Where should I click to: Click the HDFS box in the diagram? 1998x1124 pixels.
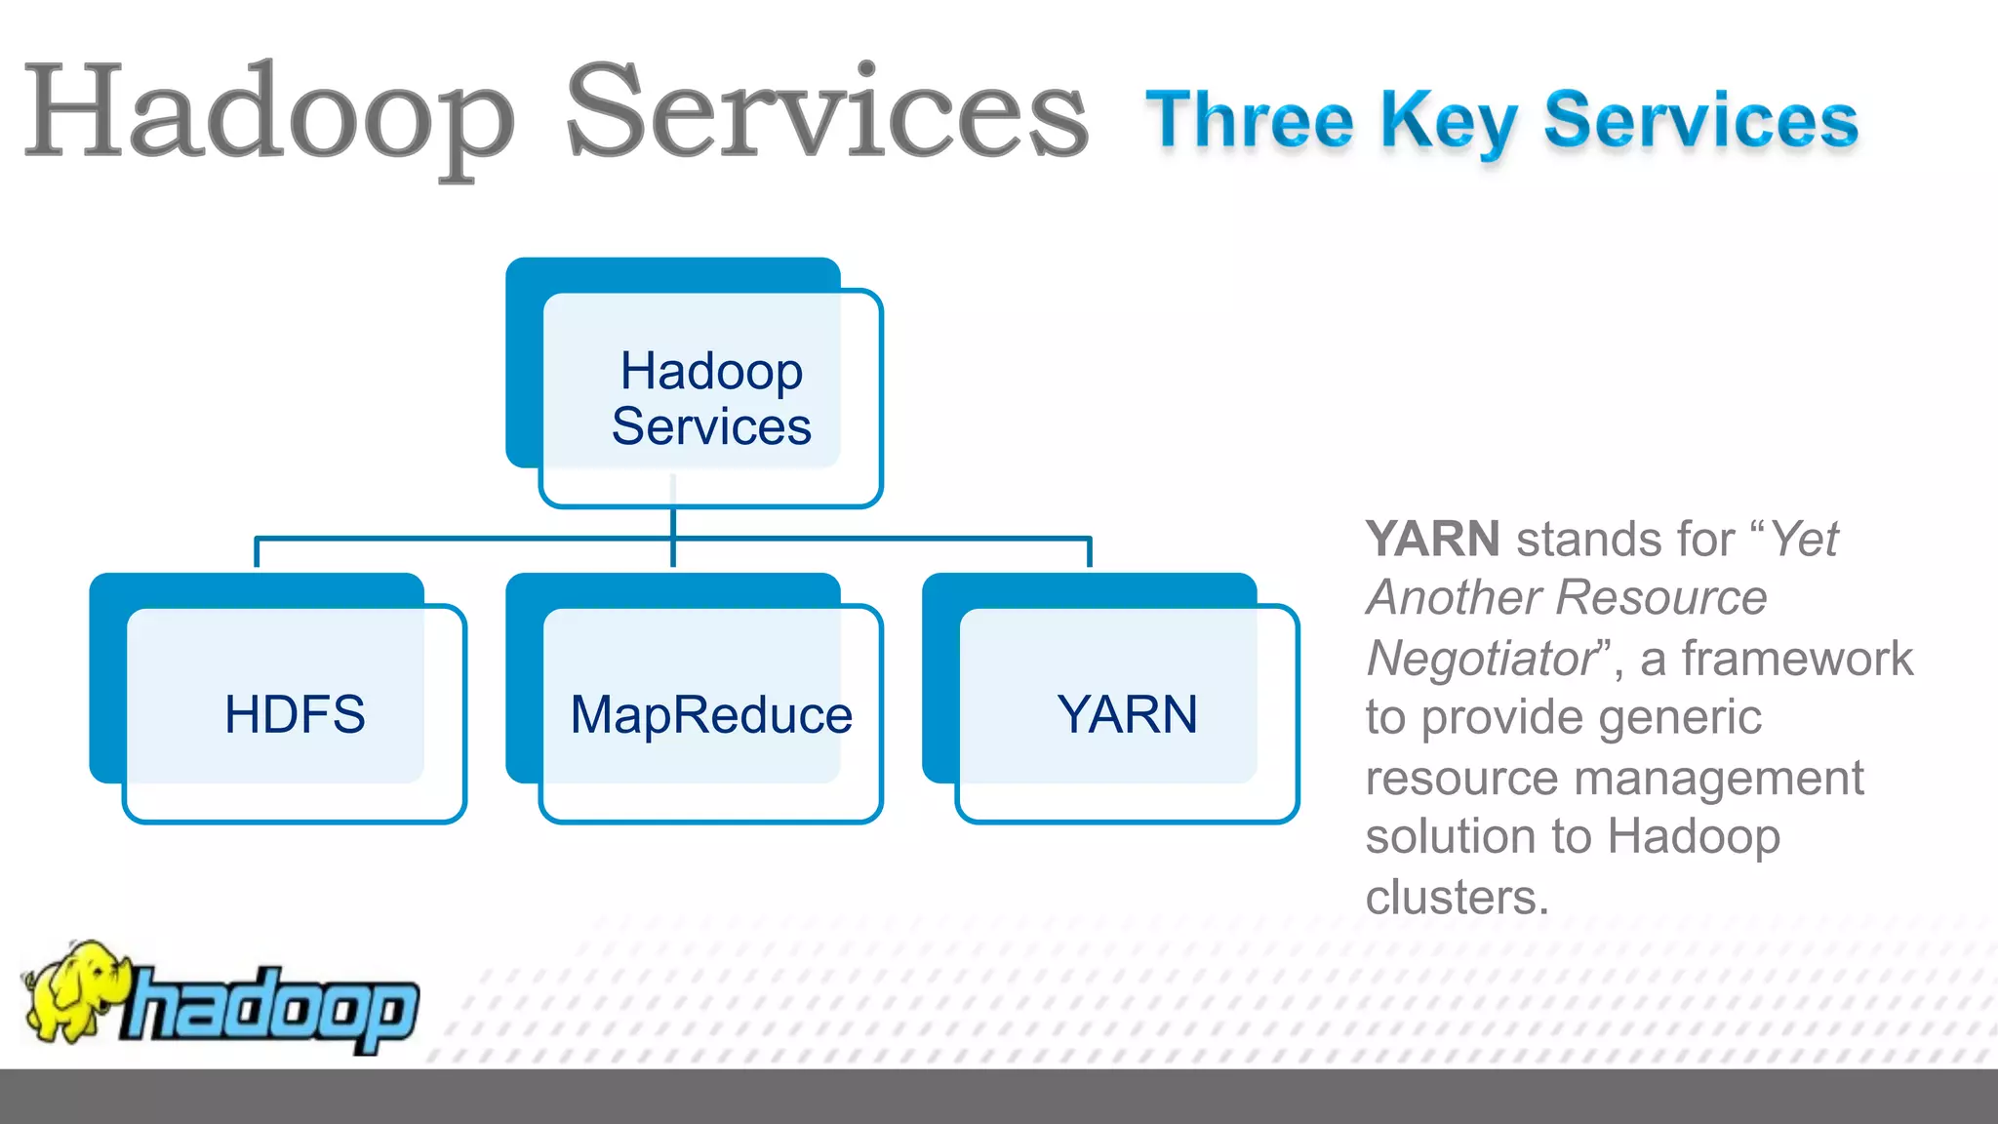[x=294, y=713]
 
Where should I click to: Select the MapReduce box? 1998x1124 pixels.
[x=710, y=713]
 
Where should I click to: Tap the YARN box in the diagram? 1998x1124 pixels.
[x=1127, y=713]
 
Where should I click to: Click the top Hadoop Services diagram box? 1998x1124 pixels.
[x=710, y=398]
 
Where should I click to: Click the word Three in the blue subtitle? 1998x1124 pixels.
[x=1249, y=121]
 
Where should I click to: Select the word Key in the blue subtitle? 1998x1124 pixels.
[x=1448, y=121]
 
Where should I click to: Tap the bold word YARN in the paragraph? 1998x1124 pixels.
[x=1432, y=540]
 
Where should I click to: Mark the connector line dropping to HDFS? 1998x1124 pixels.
[x=257, y=552]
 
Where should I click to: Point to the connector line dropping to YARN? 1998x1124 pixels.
[x=1089, y=552]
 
